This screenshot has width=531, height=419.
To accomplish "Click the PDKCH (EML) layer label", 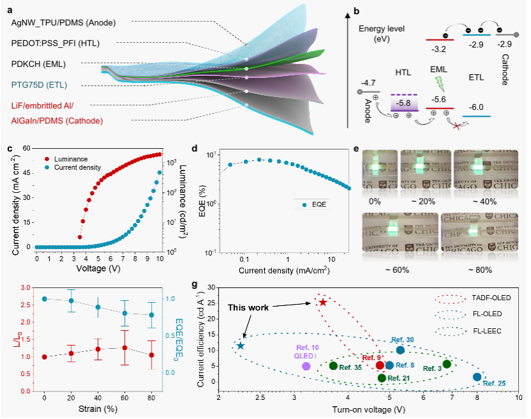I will pyautogui.click(x=38, y=64).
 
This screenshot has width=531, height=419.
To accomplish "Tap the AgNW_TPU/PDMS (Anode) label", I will pyautogui.click(x=63, y=22).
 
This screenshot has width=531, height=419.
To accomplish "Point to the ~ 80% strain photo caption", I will pyautogui.click(x=480, y=270).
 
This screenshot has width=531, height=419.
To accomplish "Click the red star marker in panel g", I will pyautogui.click(x=323, y=302).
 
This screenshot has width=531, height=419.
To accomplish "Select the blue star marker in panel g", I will pyautogui.click(x=241, y=346).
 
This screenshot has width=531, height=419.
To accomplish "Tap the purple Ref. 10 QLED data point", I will pyautogui.click(x=306, y=366).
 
